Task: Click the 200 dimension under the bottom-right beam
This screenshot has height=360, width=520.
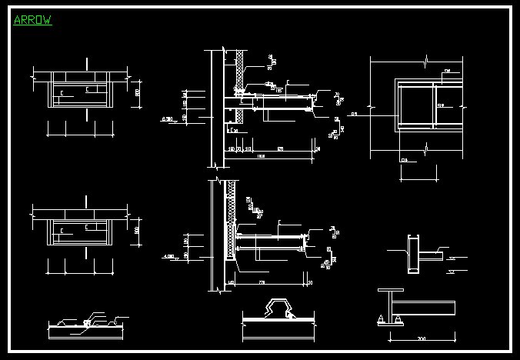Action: (421, 338)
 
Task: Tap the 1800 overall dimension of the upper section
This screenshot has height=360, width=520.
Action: (262, 157)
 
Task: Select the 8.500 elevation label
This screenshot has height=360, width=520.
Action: (168, 119)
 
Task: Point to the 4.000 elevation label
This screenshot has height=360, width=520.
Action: (168, 255)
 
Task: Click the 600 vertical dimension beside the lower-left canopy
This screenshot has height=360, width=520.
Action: (138, 229)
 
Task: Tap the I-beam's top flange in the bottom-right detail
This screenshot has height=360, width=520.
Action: (391, 291)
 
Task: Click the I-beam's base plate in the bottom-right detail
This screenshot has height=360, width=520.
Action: (390, 324)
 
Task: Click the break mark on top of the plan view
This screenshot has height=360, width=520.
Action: (428, 58)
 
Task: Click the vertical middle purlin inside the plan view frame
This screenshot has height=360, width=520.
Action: (435, 104)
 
